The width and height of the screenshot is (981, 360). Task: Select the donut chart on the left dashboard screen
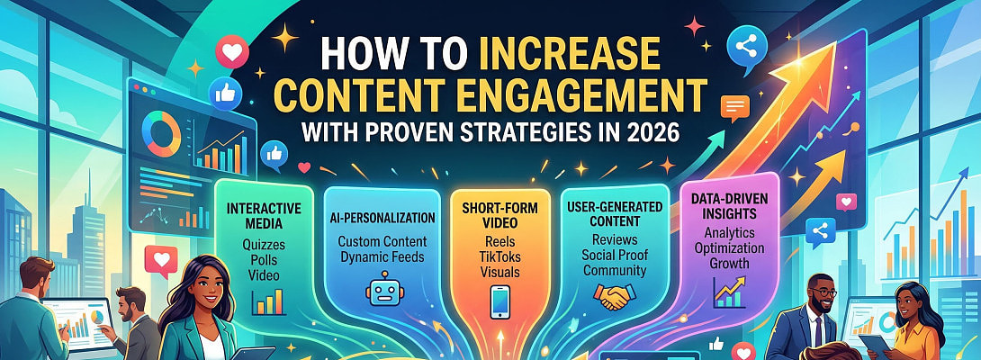(163, 132)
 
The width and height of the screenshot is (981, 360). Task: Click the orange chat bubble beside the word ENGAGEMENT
(736, 108)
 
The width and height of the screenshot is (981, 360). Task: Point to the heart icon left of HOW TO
(233, 51)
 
